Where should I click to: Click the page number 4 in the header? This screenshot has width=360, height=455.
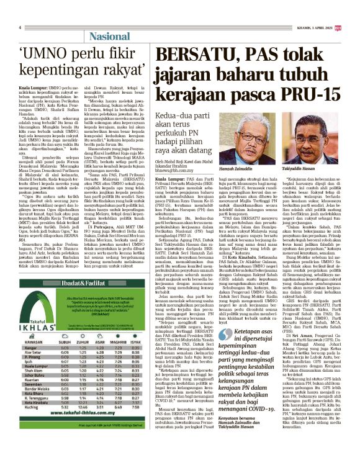[20, 27]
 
